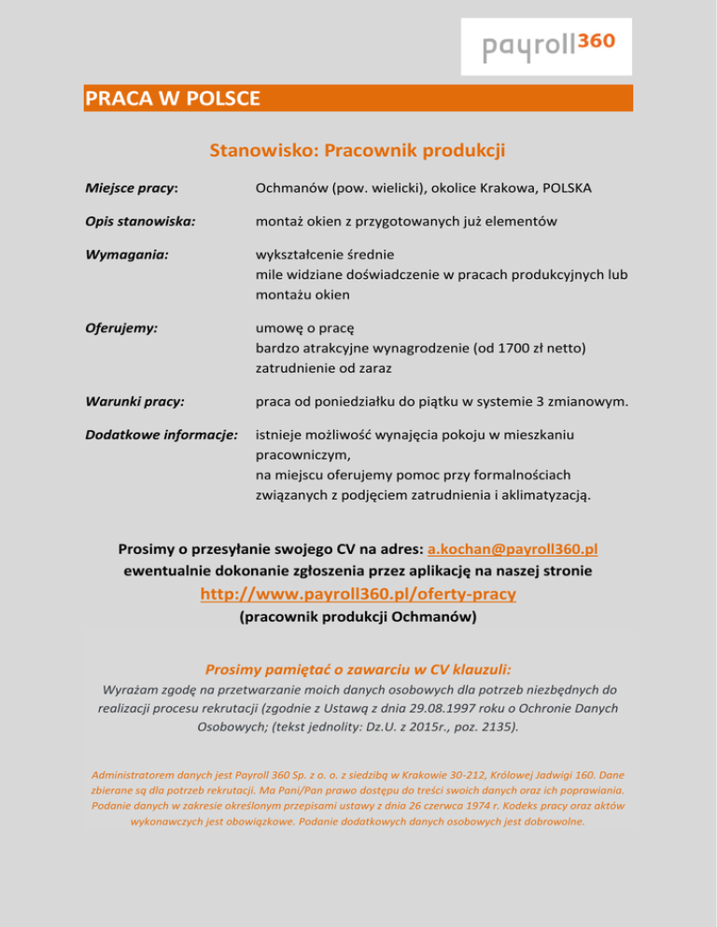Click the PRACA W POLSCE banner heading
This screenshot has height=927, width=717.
coord(172,98)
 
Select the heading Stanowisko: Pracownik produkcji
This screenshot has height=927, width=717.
coord(358,149)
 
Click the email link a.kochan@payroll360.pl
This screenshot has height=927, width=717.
coord(518,547)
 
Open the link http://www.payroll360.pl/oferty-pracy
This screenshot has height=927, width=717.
coord(358,593)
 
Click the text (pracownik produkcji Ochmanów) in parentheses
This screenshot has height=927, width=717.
coord(358,616)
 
